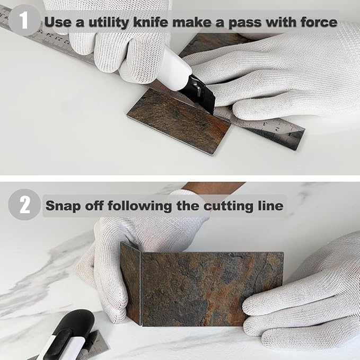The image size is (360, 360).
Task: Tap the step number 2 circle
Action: click(24, 205)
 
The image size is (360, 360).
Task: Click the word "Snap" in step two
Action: click(63, 205)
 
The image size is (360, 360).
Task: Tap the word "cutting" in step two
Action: click(227, 205)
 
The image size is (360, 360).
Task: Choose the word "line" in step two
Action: click(270, 205)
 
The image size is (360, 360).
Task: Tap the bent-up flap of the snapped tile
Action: click(130, 284)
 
